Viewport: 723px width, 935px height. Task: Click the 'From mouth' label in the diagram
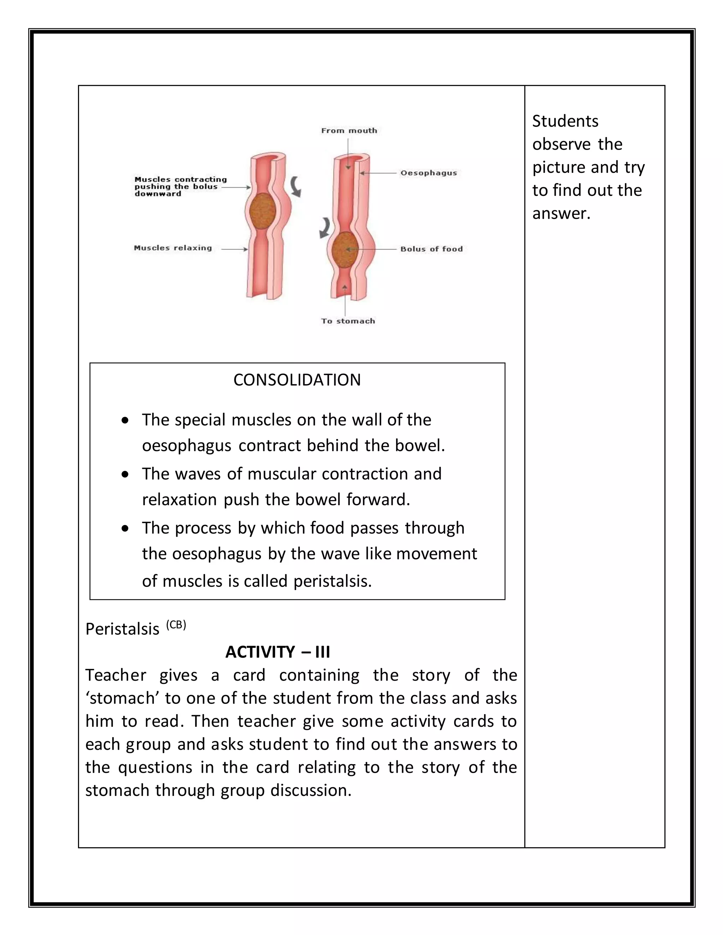pyautogui.click(x=349, y=131)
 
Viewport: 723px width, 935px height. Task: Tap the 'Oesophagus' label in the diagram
pyautogui.click(x=428, y=173)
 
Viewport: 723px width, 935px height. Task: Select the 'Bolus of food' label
pyautogui.click(x=431, y=249)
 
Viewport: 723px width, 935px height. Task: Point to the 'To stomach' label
pyautogui.click(x=348, y=321)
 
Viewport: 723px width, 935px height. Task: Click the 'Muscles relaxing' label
pyautogui.click(x=173, y=248)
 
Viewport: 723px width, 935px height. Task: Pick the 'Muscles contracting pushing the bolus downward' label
pyautogui.click(x=180, y=187)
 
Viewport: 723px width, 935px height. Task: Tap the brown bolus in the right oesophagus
pyautogui.click(x=345, y=249)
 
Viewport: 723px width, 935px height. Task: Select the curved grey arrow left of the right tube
pyautogui.click(x=324, y=227)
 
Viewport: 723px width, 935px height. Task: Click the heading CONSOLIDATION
pyautogui.click(x=297, y=380)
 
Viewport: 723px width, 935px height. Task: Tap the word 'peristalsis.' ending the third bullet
pyautogui.click(x=332, y=581)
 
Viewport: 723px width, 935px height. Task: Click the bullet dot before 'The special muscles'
pyautogui.click(x=125, y=421)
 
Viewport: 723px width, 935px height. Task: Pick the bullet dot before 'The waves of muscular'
pyautogui.click(x=125, y=474)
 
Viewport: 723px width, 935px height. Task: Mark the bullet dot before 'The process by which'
pyautogui.click(x=125, y=529)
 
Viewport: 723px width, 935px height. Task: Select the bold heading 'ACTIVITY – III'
pyautogui.click(x=277, y=652)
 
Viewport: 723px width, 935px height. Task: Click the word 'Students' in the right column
pyautogui.click(x=565, y=121)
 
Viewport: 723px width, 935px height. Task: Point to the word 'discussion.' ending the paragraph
pyautogui.click(x=311, y=790)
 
